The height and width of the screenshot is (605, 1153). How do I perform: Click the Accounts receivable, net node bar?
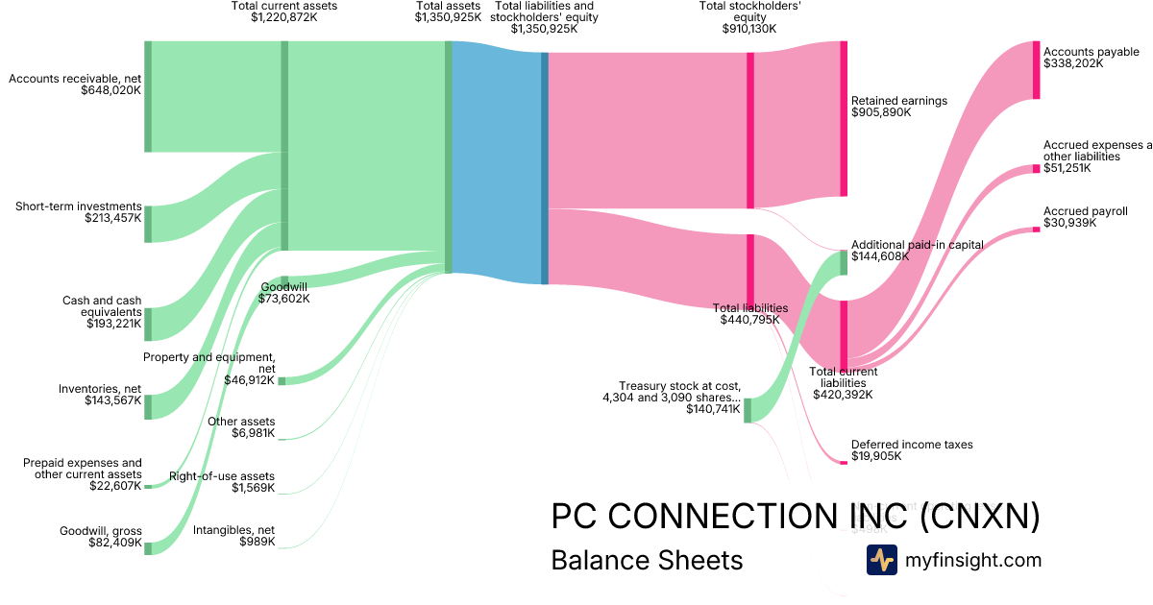pyautogui.click(x=148, y=96)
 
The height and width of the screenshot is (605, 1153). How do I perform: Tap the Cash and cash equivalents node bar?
pyautogui.click(x=148, y=325)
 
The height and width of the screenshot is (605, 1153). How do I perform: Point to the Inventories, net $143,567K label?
pyautogui.click(x=100, y=394)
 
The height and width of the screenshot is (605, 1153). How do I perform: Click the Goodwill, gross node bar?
pyautogui.click(x=148, y=546)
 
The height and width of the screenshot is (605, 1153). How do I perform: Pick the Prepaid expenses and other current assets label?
pyautogui.click(x=83, y=469)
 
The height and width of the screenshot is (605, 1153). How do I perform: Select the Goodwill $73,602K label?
pyautogui.click(x=284, y=292)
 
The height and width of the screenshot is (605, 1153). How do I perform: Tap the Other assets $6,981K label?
pyautogui.click(x=241, y=427)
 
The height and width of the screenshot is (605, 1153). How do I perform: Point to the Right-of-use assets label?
pyautogui.click(x=222, y=482)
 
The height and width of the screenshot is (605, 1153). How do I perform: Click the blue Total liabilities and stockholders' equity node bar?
pyautogui.click(x=545, y=168)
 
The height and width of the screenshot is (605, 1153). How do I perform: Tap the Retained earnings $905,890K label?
pyautogui.click(x=899, y=107)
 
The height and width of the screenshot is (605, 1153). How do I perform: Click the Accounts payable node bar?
pyautogui.click(x=1036, y=70)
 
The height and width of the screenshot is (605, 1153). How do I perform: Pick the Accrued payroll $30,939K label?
pyautogui.click(x=1086, y=217)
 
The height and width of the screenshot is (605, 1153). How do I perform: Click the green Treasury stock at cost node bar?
pyautogui.click(x=748, y=410)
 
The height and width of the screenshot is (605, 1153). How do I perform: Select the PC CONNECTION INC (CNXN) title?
pyautogui.click(x=796, y=517)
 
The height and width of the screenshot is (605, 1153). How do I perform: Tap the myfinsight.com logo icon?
pyautogui.click(x=881, y=560)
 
